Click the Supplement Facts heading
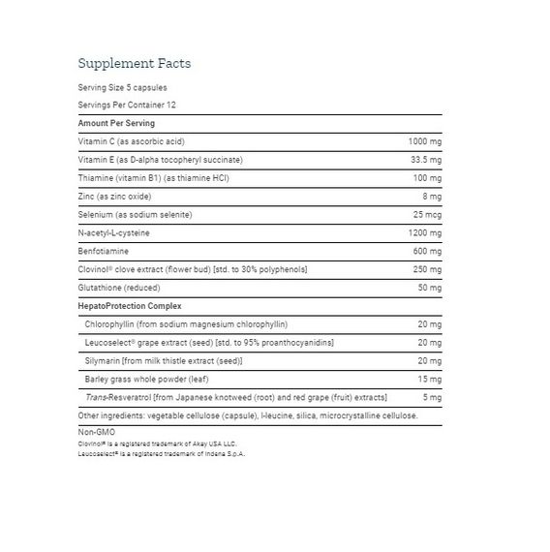pyautogui.click(x=134, y=64)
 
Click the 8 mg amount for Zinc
pyautogui.click(x=433, y=196)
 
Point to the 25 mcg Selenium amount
pyautogui.click(x=429, y=214)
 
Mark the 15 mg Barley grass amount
pyautogui.click(x=431, y=379)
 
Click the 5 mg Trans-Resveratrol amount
pyautogui.click(x=434, y=397)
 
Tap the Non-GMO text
pyautogui.click(x=94, y=432)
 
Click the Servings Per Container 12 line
pyautogui.click(x=128, y=105)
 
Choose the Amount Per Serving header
pyautogui.click(x=116, y=123)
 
